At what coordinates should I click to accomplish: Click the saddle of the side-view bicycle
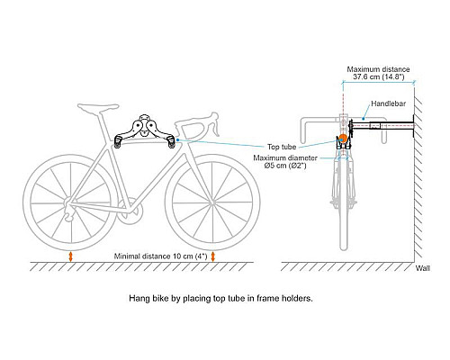click(98, 108)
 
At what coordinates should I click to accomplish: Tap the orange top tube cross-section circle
click(343, 139)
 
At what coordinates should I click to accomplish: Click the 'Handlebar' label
click(388, 103)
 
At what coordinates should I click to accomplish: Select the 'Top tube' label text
click(282, 147)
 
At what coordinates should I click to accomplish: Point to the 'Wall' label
click(423, 268)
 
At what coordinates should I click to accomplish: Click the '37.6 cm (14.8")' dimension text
click(378, 76)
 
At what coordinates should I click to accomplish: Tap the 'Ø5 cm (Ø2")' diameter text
click(285, 166)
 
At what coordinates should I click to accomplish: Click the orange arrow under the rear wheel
click(70, 256)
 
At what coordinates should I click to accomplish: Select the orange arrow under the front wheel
click(213, 256)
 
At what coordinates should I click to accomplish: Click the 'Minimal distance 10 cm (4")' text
click(160, 256)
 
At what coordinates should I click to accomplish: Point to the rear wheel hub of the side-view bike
click(70, 203)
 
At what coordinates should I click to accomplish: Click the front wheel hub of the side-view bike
click(212, 203)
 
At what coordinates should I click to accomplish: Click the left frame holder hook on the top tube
click(118, 141)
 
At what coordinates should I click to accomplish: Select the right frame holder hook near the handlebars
click(171, 141)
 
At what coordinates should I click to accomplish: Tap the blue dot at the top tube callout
click(178, 139)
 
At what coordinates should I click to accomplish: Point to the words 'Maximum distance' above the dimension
click(378, 69)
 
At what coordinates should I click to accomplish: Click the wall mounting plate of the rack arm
click(414, 126)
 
